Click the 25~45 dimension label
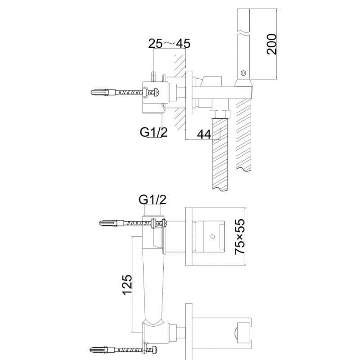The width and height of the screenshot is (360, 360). point(169,43)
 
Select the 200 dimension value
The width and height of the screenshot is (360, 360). point(272,44)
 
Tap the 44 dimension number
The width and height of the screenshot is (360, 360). point(204,134)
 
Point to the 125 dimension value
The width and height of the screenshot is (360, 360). point(127,285)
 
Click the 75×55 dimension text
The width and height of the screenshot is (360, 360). point(240,237)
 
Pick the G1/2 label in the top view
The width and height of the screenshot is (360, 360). point(154,132)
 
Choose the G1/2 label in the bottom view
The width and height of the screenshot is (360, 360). point(153,199)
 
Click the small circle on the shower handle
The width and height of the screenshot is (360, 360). point(243,73)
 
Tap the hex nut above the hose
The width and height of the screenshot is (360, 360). point(220,114)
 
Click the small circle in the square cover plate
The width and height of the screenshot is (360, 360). point(212,236)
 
